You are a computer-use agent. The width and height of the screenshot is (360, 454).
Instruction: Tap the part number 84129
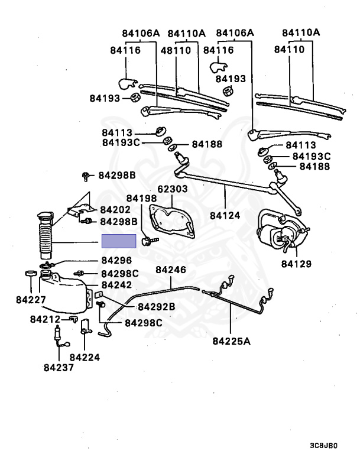click(297, 263)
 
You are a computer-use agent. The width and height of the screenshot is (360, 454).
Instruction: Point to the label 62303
click(171, 189)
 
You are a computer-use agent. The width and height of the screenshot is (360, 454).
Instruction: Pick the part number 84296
click(116, 260)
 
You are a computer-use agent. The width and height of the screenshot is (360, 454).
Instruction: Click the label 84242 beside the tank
click(116, 284)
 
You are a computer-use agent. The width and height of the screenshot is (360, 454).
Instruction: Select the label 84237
click(59, 367)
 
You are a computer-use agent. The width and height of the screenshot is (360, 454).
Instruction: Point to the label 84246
click(171, 270)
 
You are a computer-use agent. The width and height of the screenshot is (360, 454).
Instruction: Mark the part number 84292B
click(157, 307)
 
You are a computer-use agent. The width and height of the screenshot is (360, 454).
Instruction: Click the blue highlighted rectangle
click(119, 241)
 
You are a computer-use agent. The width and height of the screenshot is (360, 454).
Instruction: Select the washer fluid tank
click(64, 292)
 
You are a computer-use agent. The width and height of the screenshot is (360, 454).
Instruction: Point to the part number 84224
click(85, 357)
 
